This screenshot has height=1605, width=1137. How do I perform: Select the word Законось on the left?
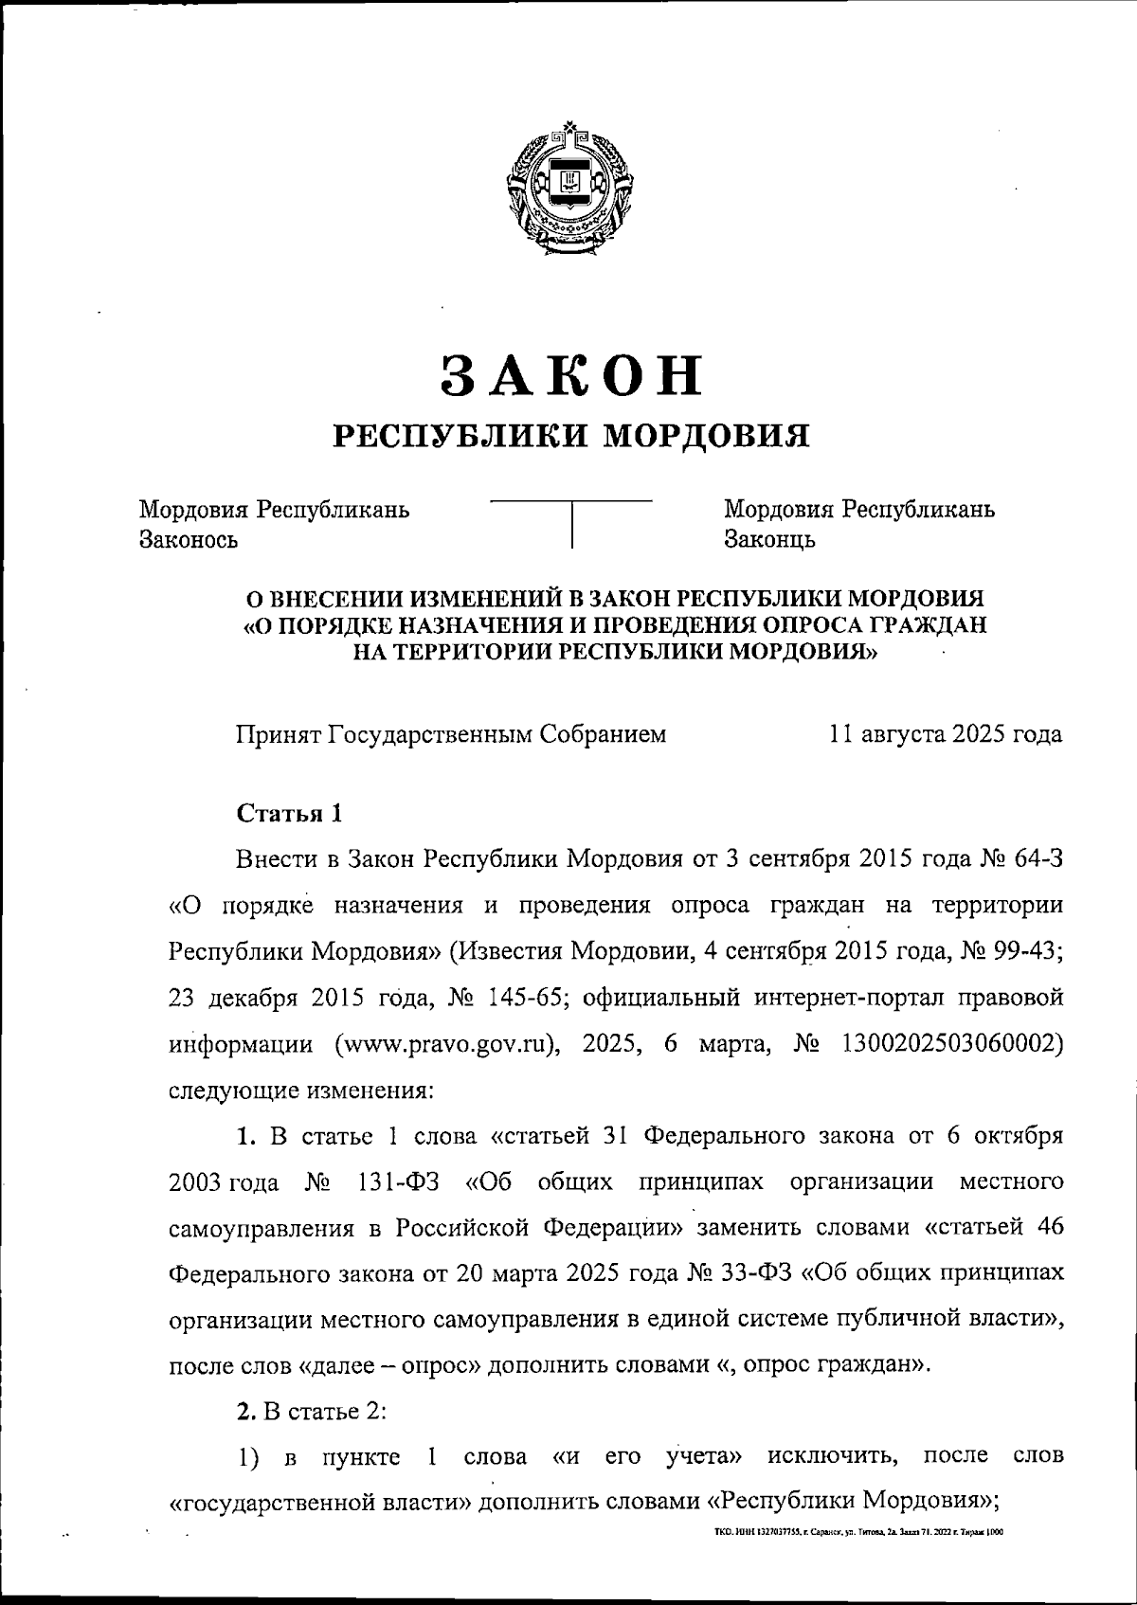click(188, 540)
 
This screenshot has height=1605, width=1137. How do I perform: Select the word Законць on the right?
click(769, 540)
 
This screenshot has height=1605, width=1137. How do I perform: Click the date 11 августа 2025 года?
click(945, 734)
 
